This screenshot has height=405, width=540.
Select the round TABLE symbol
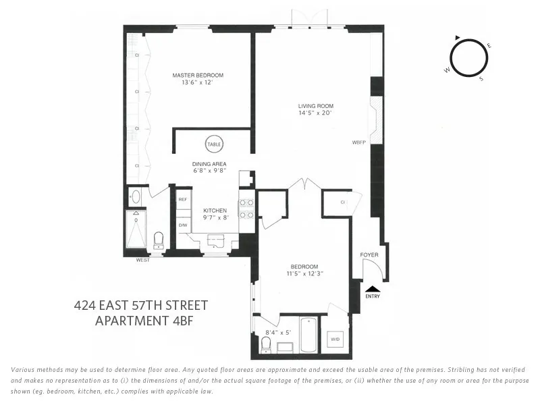(214, 144)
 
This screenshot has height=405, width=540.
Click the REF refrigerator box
(182, 200)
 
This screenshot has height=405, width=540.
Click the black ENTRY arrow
(373, 289)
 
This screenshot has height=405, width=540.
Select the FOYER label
(369, 254)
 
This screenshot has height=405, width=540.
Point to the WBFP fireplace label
(358, 143)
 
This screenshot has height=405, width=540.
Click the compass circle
(468, 58)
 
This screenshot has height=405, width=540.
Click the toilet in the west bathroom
(159, 240)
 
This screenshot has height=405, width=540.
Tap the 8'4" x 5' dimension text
(277, 332)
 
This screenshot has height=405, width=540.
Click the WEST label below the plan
(142, 260)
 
